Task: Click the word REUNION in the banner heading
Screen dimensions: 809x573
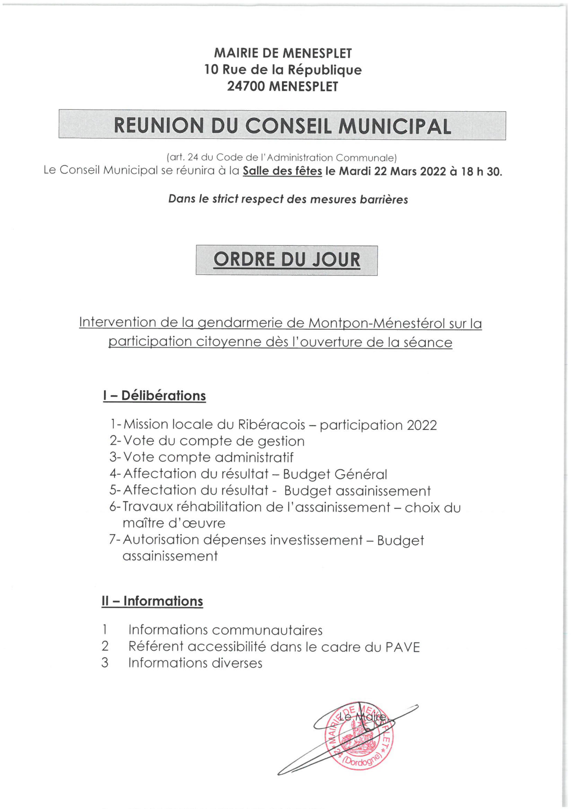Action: point(159,126)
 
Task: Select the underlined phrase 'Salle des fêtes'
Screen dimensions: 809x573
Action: point(282,171)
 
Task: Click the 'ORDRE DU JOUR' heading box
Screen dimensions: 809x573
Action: point(286,260)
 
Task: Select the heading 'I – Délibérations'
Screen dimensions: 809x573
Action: point(154,396)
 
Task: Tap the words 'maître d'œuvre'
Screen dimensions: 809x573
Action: point(174,523)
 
